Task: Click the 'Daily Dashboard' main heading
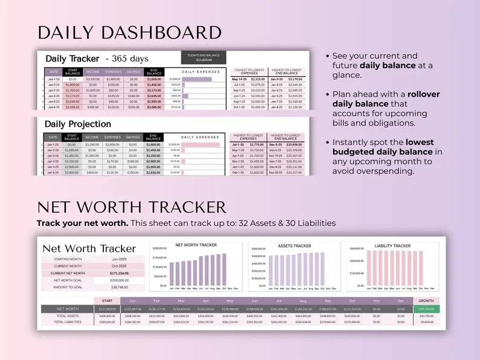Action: [129, 33]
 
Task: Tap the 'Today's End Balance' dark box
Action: [203, 57]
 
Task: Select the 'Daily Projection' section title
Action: [78, 124]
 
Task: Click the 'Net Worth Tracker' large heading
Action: [131, 207]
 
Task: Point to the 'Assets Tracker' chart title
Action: [294, 246]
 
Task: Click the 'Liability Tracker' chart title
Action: [392, 246]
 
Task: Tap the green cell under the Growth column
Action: [426, 309]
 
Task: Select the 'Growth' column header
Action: [426, 300]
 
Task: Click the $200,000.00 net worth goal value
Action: [119, 280]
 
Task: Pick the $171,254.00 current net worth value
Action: [119, 273]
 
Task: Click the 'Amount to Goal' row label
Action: [68, 288]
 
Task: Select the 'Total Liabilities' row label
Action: [68, 322]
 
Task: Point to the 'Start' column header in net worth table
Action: [107, 300]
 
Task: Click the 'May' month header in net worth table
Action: [230, 300]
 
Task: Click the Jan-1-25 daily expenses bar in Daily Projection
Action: [201, 145]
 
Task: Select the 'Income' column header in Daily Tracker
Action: [92, 71]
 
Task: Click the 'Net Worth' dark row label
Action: [68, 309]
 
